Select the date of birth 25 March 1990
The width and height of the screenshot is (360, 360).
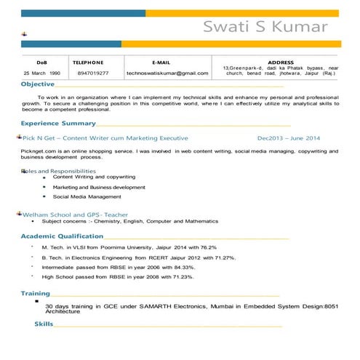click(x=41, y=73)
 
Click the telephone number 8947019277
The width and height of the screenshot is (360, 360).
click(x=92, y=73)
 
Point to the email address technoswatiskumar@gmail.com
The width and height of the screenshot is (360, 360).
click(x=167, y=73)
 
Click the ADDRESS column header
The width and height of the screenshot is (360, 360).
click(x=281, y=63)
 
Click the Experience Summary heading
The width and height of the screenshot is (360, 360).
click(x=58, y=124)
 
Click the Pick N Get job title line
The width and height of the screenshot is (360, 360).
click(x=105, y=137)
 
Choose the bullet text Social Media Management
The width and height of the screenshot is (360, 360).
click(x=87, y=196)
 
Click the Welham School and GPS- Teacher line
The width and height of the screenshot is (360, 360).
click(x=76, y=215)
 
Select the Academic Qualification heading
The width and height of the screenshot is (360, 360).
click(x=62, y=236)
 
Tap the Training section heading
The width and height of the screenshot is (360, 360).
click(x=35, y=294)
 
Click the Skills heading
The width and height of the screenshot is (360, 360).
click(x=44, y=323)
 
